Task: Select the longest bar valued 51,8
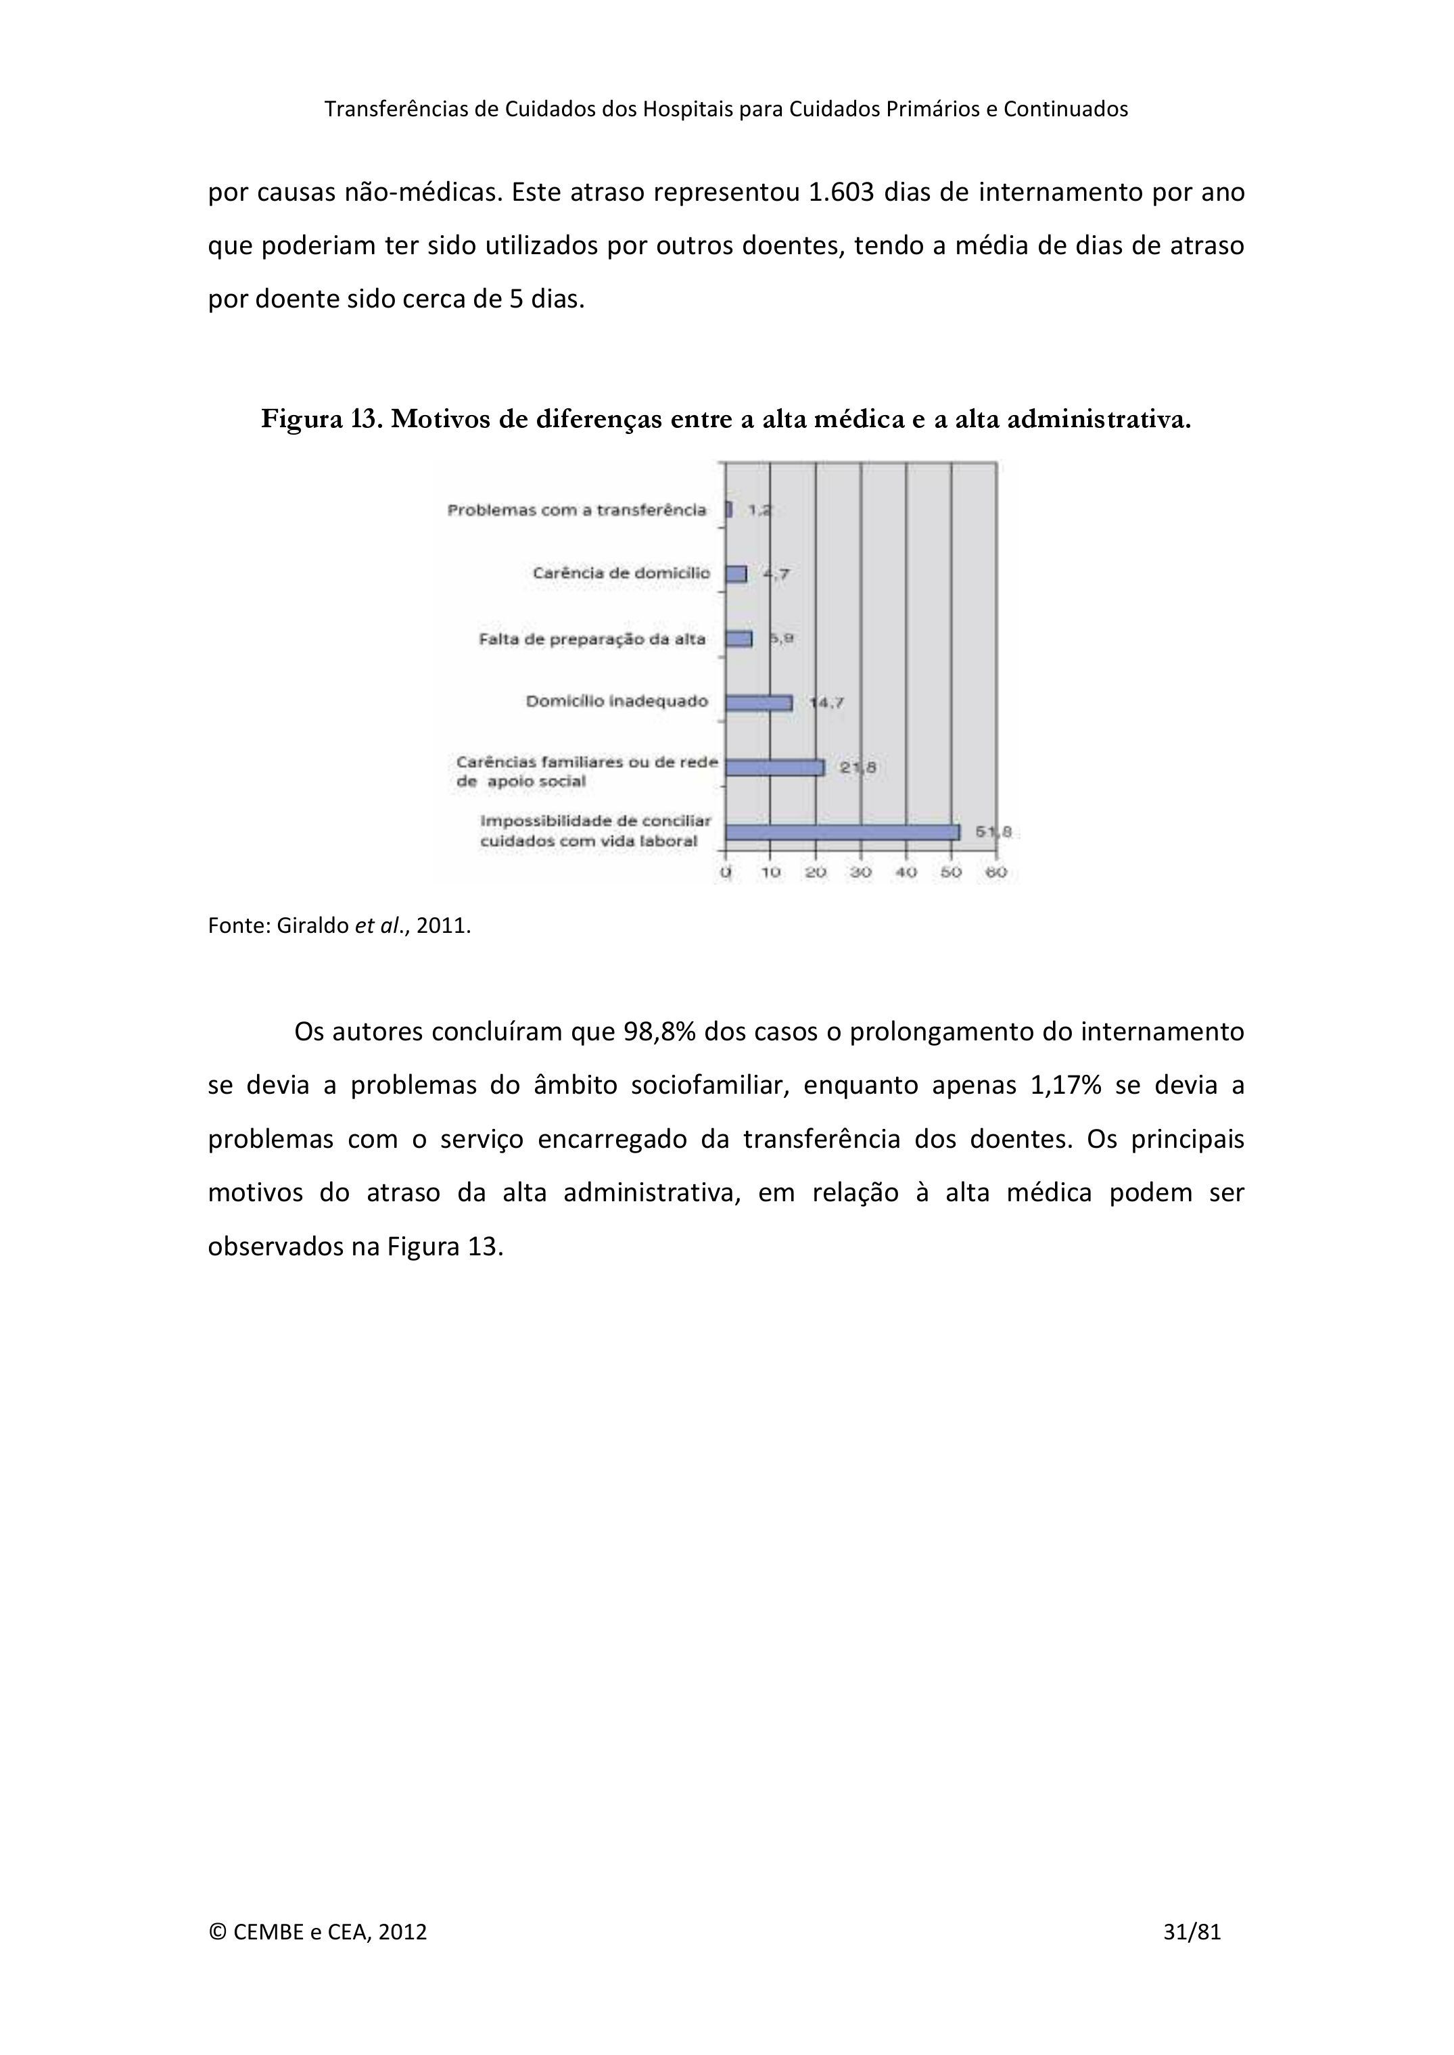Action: pyautogui.click(x=841, y=832)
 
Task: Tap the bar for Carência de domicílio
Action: pyautogui.click(x=736, y=574)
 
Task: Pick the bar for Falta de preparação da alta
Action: pyautogui.click(x=738, y=638)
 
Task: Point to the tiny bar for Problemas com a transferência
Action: pyautogui.click(x=729, y=509)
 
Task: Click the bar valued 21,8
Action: pyautogui.click(x=774, y=767)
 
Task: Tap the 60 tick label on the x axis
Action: pyautogui.click(x=995, y=872)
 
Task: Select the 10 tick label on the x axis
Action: pyautogui.click(x=771, y=872)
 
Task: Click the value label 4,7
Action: pyautogui.click(x=776, y=574)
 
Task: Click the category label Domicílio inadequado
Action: pyautogui.click(x=616, y=701)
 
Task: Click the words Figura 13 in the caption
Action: pyautogui.click(x=321, y=419)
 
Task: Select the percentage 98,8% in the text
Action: pyautogui.click(x=659, y=1032)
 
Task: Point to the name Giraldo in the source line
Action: pyautogui.click(x=312, y=925)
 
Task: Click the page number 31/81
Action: pyautogui.click(x=1192, y=1956)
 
